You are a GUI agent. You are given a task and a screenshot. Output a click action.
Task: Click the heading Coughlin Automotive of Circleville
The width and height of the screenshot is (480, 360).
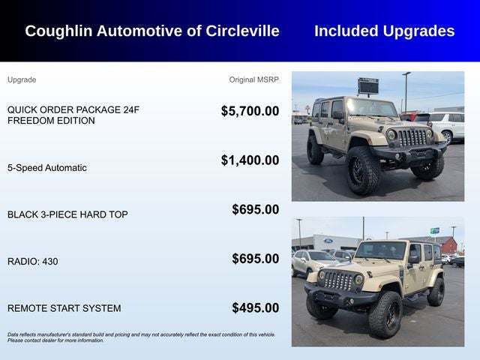(152, 31)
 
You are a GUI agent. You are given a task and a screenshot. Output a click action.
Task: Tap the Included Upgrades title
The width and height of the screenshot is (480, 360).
(384, 31)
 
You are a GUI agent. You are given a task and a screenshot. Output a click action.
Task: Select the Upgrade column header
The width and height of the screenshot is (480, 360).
(22, 79)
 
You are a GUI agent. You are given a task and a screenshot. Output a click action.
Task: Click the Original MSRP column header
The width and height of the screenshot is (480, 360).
(253, 79)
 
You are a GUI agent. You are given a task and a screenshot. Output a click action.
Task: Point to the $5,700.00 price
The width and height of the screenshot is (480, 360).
(250, 111)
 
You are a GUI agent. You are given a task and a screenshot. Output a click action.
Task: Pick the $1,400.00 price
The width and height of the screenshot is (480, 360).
(250, 160)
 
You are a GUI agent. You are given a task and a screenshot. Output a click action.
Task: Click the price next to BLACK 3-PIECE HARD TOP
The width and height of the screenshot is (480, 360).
(255, 210)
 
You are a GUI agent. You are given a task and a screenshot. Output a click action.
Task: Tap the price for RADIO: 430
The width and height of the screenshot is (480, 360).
(255, 259)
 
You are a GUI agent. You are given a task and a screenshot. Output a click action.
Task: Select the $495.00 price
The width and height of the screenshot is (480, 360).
(255, 308)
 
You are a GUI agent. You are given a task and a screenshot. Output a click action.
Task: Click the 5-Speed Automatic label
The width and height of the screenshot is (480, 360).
(47, 168)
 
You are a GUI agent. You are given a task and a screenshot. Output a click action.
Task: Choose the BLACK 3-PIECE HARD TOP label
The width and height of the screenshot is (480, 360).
(67, 214)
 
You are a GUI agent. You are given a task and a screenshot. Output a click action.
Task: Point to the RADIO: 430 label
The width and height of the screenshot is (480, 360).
(32, 262)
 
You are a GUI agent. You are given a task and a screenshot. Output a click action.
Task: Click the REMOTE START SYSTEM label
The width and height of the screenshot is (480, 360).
(64, 308)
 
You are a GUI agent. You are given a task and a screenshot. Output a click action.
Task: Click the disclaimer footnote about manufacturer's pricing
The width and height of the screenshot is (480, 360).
(141, 337)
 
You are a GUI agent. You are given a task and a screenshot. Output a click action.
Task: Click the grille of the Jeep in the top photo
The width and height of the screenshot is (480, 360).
(411, 137)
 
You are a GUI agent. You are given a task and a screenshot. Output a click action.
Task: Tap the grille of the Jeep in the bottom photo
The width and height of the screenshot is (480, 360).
(337, 280)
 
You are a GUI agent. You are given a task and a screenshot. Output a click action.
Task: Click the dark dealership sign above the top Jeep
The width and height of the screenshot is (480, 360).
(368, 85)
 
